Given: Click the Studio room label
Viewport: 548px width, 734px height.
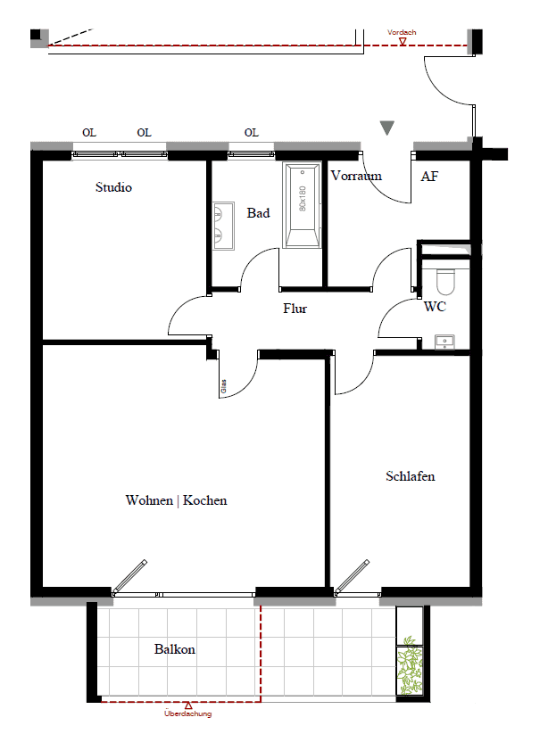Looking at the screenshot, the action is point(114,187).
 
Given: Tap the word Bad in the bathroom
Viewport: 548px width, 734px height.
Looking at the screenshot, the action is point(259,213).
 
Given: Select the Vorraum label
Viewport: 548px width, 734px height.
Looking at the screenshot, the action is point(356,176).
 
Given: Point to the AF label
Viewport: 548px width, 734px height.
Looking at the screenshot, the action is point(429,177).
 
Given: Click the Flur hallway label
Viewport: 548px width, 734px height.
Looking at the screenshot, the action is point(295,309).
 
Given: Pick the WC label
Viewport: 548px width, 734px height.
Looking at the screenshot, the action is point(435,307).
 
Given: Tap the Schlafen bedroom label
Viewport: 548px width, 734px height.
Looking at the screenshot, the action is point(411,476).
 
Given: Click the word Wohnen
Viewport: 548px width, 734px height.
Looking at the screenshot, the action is point(149,500).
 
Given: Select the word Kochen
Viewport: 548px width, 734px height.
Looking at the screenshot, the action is point(204,500).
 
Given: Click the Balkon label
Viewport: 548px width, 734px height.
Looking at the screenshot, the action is point(175,649).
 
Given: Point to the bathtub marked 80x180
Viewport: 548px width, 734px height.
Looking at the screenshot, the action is point(302,204).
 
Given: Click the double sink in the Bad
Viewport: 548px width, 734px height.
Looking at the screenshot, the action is point(223,227).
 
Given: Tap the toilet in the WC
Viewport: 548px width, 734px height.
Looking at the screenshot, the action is point(445,281).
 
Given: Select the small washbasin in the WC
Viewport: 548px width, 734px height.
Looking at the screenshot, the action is point(444,342).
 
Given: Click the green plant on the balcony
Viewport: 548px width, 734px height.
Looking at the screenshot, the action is point(410,664).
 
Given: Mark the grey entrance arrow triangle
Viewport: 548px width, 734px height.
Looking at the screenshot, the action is point(386,128).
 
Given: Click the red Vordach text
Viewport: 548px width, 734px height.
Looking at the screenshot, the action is point(402,32).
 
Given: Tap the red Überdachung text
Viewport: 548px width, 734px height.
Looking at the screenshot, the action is point(187,713).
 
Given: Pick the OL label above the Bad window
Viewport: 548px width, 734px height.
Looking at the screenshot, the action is point(252,133).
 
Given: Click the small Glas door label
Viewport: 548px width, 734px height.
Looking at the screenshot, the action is point(223,386).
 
